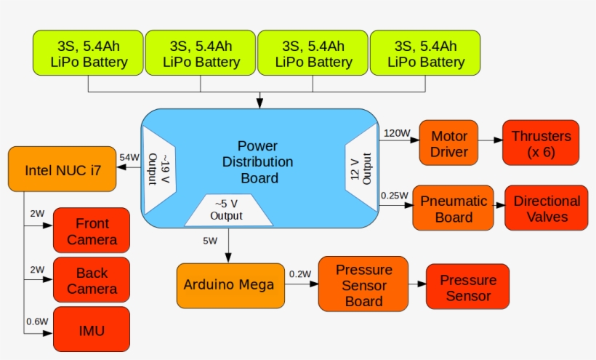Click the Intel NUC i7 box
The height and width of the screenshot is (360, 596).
pyautogui.click(x=62, y=170)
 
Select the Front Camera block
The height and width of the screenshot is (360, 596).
pyautogui.click(x=91, y=231)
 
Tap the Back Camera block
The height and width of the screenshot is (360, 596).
pyautogui.click(x=91, y=281)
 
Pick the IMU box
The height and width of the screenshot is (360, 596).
pyautogui.click(x=91, y=331)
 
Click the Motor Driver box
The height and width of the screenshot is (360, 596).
pyautogui.click(x=449, y=144)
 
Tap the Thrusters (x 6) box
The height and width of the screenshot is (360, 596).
pyautogui.click(x=541, y=144)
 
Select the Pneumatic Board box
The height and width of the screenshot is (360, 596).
pyautogui.click(x=454, y=209)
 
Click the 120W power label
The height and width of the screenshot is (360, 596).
pyautogui.click(x=397, y=133)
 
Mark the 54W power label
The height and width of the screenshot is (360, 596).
pyautogui.click(x=129, y=158)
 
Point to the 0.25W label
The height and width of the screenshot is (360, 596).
pyautogui.click(x=394, y=195)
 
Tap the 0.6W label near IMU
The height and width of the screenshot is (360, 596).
pyautogui.click(x=38, y=321)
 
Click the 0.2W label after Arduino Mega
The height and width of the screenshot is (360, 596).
pyautogui.click(x=299, y=274)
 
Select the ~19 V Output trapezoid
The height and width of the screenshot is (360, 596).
pyautogui.click(x=158, y=169)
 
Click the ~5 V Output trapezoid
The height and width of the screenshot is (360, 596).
pyautogui.click(x=226, y=210)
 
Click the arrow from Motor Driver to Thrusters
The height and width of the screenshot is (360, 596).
pyautogui.click(x=492, y=143)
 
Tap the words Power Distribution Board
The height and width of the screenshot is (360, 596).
pyautogui.click(x=257, y=161)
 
